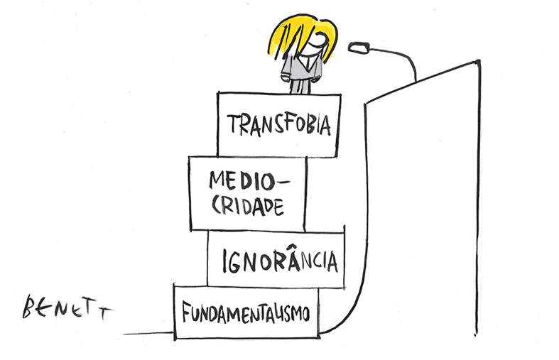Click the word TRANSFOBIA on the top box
click(x=279, y=124)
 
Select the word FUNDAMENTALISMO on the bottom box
click(x=246, y=312)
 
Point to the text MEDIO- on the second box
click(x=249, y=180)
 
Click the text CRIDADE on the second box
click(x=248, y=206)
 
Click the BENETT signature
click(x=67, y=307)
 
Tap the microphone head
click(x=359, y=47)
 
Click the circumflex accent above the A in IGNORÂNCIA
click(x=293, y=246)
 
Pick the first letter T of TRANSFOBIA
click(x=233, y=124)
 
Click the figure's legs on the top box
click(x=300, y=86)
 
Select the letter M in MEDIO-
click(x=217, y=180)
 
